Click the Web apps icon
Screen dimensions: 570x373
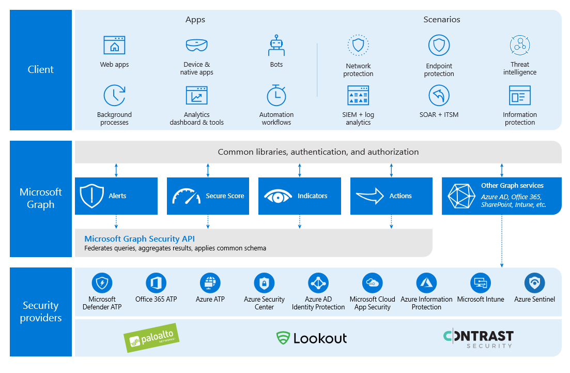(114, 45)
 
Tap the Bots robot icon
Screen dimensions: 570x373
(276, 46)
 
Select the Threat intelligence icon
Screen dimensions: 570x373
(520, 46)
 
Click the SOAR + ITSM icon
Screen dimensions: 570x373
(439, 95)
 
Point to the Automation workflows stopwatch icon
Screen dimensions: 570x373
(276, 95)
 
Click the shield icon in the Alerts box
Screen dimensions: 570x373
(91, 196)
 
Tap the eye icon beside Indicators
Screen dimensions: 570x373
(278, 197)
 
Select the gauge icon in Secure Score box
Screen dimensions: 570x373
(186, 197)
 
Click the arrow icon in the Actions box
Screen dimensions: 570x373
(369, 196)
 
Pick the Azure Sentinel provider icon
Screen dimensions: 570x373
(534, 283)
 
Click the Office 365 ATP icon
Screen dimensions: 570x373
(156, 283)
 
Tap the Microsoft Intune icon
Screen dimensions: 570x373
(481, 283)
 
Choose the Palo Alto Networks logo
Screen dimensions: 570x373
(151, 338)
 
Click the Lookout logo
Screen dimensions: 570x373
(312, 338)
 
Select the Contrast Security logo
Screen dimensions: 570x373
(479, 338)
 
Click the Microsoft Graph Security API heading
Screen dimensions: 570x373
(140, 238)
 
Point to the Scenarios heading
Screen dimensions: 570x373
(442, 19)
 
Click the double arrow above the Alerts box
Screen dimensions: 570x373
(116, 170)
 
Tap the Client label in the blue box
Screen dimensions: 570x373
(41, 69)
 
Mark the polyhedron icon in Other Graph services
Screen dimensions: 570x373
(461, 196)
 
